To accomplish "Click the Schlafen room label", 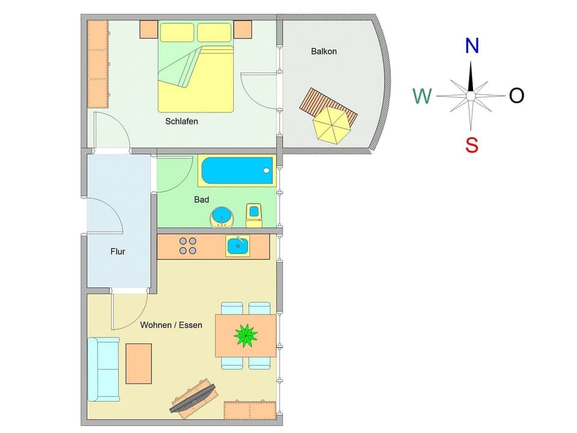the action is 182,121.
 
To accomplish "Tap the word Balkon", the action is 323,52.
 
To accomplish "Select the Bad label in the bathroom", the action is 201,200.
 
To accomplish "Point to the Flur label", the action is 118,252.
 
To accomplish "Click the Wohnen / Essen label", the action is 171,325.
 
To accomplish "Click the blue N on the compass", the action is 472,46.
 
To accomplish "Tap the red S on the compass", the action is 472,145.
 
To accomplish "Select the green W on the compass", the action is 422,96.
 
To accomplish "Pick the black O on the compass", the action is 516,96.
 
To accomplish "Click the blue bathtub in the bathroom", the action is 237,170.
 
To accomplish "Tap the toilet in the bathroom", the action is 254,215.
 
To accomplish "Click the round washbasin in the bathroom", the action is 221,216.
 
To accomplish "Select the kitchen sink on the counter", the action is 237,246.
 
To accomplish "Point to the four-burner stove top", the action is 188,246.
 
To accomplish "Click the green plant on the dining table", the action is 245,336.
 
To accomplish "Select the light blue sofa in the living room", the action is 103,369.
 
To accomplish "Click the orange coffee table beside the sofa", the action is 138,363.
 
